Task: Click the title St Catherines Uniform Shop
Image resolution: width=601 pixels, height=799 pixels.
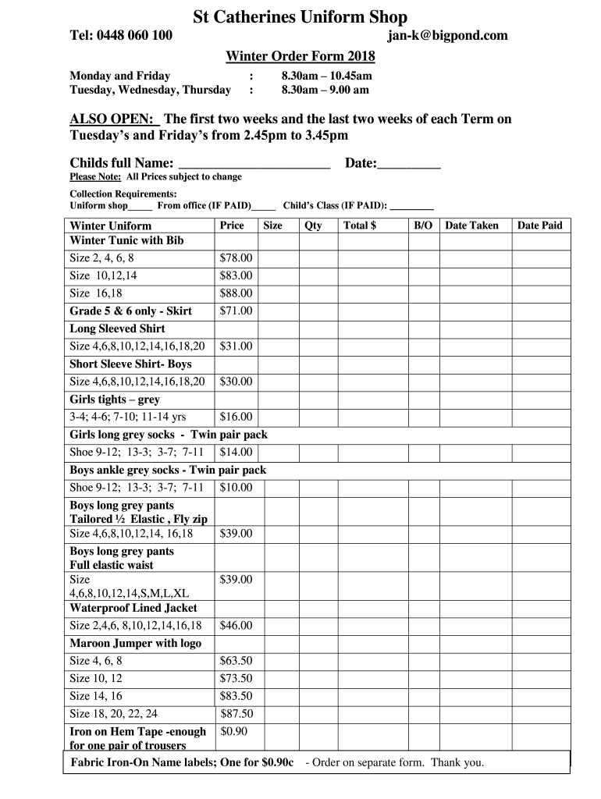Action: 300,16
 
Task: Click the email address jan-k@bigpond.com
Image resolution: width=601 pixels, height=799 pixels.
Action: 447,35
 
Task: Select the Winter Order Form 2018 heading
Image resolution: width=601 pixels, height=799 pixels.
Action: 300,56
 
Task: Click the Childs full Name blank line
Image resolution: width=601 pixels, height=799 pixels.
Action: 254,165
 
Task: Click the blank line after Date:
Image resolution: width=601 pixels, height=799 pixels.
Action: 410,165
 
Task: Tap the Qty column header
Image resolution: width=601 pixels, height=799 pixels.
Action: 313,225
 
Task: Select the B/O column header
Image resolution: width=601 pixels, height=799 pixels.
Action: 423,225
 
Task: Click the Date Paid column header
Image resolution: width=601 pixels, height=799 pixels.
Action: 539,225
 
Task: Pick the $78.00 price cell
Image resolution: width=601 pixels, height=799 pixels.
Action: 236,257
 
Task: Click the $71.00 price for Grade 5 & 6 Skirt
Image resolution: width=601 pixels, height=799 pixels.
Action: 236,311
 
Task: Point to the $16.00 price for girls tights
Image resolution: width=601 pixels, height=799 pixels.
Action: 236,417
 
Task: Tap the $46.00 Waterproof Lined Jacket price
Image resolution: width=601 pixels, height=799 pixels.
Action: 236,625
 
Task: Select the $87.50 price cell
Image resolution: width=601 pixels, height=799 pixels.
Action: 236,713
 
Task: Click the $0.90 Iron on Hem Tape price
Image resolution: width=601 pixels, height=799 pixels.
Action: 234,731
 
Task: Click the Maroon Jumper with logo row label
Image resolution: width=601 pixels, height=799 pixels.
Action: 136,643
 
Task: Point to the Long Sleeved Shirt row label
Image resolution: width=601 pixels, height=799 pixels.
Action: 117,328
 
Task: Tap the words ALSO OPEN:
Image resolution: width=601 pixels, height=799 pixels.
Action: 114,119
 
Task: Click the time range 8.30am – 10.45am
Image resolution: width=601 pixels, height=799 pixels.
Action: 327,76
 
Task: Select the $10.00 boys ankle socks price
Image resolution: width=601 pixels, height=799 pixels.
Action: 236,488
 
